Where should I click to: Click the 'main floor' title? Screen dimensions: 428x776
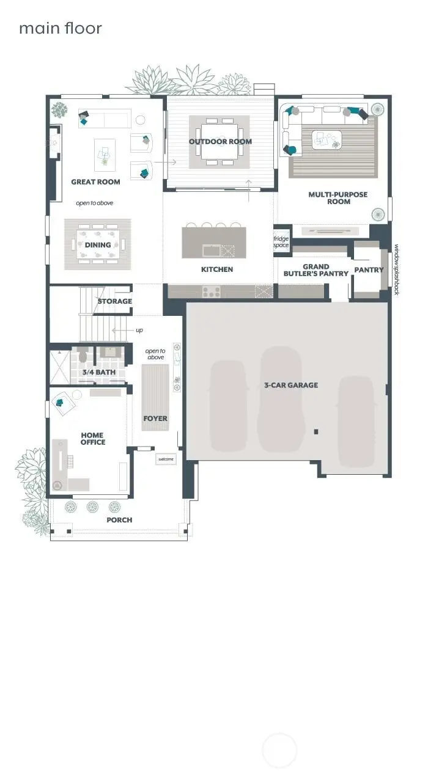pos(61,28)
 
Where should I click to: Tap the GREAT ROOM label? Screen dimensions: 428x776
pos(95,182)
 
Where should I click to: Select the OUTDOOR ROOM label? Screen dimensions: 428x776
pos(220,141)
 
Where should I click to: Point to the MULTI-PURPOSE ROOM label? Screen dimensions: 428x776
pos(338,198)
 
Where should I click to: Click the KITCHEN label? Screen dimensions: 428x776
pos(217,269)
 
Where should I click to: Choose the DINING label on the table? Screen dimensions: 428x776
pos(98,245)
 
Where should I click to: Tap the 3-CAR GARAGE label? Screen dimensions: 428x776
pos(291,385)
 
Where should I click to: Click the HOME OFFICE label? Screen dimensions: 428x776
pos(93,439)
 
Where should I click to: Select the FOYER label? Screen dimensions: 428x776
pos(155,419)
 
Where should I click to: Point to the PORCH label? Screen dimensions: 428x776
pos(120,520)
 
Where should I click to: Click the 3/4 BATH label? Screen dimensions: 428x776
pos(99,372)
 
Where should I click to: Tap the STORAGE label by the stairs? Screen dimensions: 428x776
pos(115,301)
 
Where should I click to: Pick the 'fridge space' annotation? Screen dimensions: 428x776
pos(281,242)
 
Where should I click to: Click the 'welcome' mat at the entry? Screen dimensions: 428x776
pos(166,459)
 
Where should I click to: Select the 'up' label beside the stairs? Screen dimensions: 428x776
pos(139,330)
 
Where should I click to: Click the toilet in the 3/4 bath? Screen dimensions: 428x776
pos(83,354)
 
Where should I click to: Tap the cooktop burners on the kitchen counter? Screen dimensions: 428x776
pos(212,291)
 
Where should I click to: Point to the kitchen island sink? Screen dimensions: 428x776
pos(212,251)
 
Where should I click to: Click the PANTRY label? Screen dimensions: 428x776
pos(369,269)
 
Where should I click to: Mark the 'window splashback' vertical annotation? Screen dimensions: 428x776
pos(397,269)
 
